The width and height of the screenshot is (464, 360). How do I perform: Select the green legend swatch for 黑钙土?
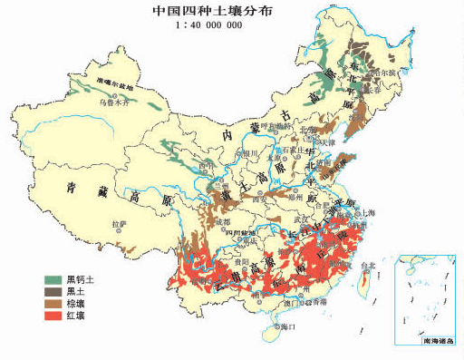point(55,279)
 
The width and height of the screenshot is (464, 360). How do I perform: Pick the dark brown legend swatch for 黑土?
point(55,291)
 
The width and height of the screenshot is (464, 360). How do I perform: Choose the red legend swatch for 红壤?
point(55,316)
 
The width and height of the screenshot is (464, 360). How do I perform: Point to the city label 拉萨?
point(118,224)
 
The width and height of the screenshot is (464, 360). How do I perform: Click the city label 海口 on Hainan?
point(288,325)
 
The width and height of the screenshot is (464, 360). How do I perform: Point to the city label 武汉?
point(304,219)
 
